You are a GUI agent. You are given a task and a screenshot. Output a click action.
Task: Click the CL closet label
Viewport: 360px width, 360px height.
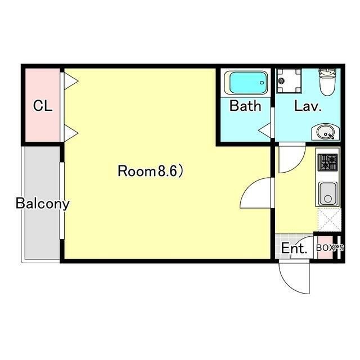click(x=43, y=106)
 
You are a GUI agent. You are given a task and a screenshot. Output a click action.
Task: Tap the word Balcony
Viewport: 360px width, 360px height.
click(x=43, y=204)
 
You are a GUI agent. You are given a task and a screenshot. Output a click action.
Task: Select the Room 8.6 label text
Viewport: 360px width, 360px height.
click(x=150, y=171)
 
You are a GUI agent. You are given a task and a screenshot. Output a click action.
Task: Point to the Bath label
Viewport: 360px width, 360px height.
click(x=245, y=106)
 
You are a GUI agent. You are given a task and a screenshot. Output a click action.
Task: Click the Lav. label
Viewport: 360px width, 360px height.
click(x=308, y=106)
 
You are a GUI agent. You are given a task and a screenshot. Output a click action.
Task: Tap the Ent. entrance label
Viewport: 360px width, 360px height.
click(x=294, y=248)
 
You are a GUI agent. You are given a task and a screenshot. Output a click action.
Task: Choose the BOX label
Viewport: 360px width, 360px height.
click(x=325, y=247)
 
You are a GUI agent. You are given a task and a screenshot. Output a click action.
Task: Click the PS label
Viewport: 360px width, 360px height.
click(x=339, y=247)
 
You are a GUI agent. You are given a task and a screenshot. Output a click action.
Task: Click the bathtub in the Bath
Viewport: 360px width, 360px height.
click(x=246, y=83)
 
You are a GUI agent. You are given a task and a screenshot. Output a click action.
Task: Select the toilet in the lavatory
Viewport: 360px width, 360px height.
click(x=327, y=82)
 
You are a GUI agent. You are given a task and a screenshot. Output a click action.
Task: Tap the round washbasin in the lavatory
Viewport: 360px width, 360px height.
click(x=325, y=132)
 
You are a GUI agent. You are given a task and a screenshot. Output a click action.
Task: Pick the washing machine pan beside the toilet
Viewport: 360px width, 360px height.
click(x=289, y=81)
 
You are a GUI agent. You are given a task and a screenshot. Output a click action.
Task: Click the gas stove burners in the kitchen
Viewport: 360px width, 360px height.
click(x=327, y=163)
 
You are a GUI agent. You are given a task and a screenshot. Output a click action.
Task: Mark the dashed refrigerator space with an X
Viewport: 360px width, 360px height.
click(x=329, y=220)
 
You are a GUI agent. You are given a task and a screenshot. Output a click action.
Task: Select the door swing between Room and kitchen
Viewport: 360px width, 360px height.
click(x=248, y=186)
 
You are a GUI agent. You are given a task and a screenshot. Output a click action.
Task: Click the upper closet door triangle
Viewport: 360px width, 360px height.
click(x=71, y=81)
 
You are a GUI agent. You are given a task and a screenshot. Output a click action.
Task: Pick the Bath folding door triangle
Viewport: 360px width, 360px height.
click(x=265, y=130)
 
